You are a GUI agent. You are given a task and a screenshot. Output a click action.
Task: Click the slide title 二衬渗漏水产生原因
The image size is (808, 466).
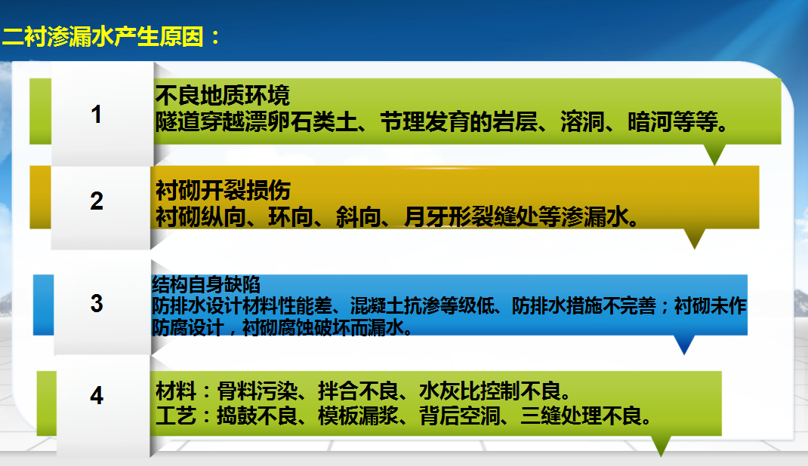coord(103,37)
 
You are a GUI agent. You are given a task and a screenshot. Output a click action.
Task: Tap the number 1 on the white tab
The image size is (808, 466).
coord(97,114)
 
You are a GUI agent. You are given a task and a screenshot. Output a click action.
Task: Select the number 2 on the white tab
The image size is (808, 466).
coord(97,201)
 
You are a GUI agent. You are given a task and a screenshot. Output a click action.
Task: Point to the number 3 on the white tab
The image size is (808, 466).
coord(97,303)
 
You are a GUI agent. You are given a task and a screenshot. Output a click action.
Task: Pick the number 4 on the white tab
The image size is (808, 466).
coord(97,395)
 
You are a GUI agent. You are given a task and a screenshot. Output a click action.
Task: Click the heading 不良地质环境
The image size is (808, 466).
coord(223,95)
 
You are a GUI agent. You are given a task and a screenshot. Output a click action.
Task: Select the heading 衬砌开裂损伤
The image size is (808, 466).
coord(223,190)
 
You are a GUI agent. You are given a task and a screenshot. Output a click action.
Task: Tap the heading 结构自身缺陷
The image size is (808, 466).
coord(205,284)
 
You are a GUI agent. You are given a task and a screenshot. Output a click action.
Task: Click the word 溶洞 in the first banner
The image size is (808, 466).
coord(582,122)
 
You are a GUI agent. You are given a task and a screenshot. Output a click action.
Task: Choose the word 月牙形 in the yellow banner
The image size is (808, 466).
coord(437,216)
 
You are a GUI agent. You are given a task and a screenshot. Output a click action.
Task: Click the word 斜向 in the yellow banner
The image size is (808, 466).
coord(358,216)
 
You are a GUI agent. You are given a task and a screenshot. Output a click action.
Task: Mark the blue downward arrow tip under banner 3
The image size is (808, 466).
coord(684,354)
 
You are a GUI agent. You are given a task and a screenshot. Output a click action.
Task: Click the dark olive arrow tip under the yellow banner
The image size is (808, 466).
coord(695,248)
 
